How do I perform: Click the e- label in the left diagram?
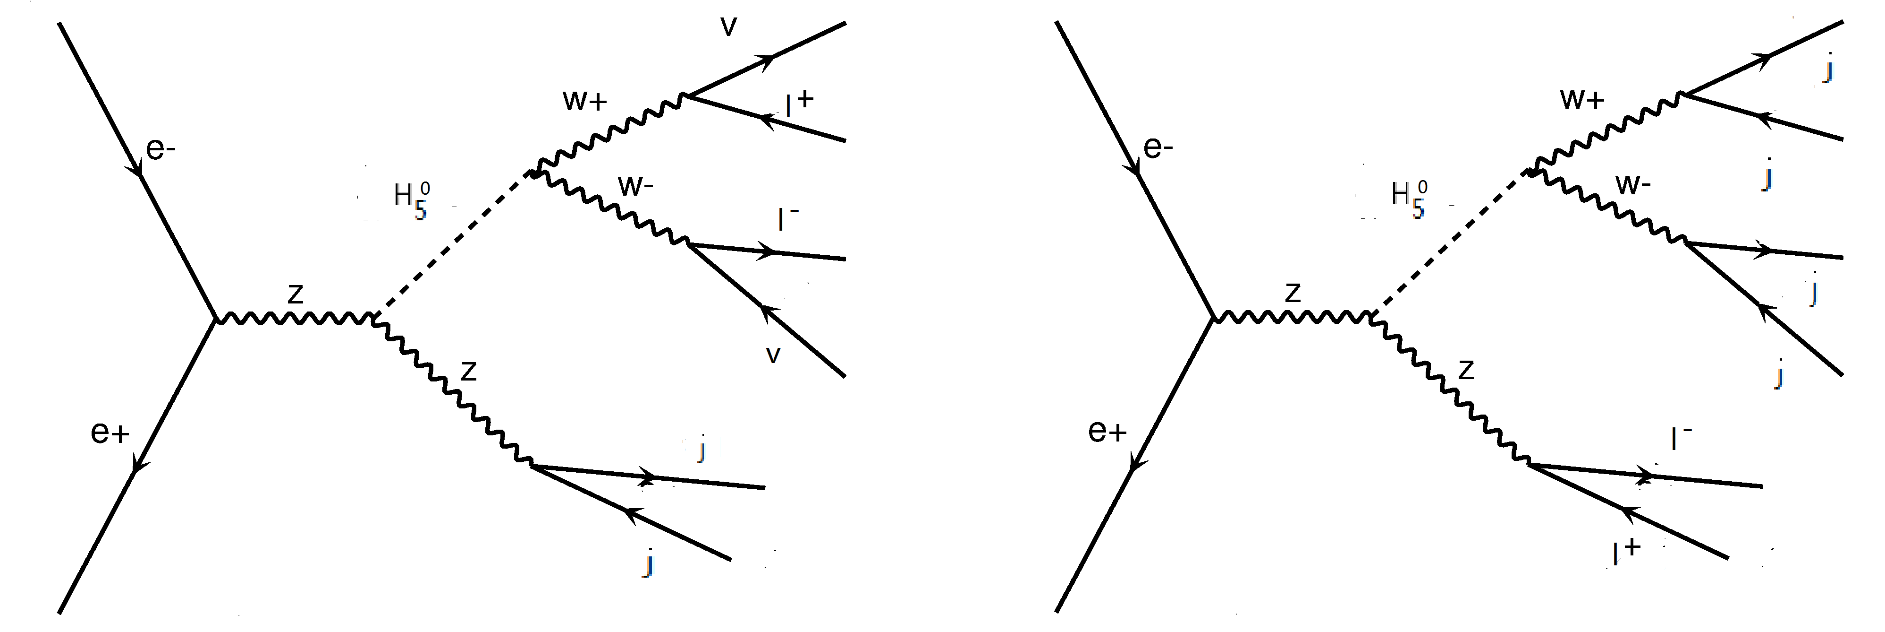tap(161, 149)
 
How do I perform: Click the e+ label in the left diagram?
tap(110, 433)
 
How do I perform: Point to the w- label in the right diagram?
tap(1632, 184)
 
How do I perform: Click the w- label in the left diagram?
tap(635, 187)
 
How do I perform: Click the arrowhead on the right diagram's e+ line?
tap(1135, 464)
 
